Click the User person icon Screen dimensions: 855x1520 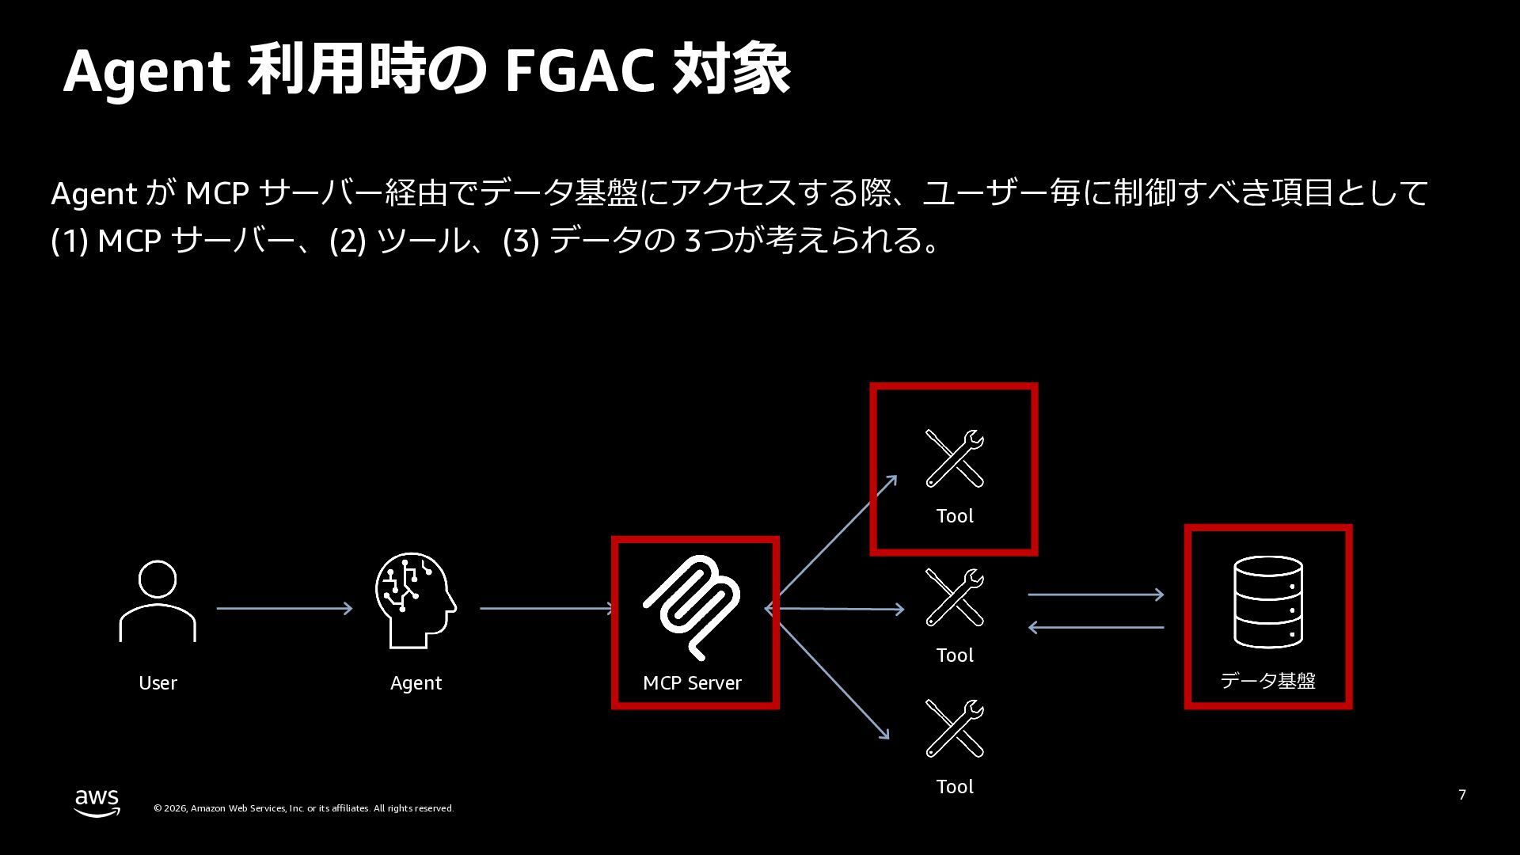pos(158,601)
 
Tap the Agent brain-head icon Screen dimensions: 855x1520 pos(415,599)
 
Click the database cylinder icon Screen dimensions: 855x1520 pos(1268,602)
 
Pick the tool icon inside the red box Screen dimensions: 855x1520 pos(954,458)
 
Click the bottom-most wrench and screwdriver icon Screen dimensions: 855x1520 pos(954,728)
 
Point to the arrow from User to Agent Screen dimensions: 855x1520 pos(284,608)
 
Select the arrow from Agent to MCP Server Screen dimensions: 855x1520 pos(547,608)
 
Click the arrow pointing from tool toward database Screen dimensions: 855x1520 pos(1096,594)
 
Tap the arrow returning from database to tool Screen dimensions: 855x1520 pos(1096,627)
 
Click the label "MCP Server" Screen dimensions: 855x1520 pos(692,682)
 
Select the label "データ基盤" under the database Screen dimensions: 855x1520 pos(1267,680)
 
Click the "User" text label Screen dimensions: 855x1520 pos(158,682)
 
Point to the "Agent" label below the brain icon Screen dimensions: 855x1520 pos(416,682)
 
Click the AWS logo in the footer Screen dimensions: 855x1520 pos(97,802)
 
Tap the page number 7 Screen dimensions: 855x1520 pos(1461,794)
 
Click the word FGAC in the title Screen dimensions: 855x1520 pos(579,70)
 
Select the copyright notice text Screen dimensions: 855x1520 pos(303,808)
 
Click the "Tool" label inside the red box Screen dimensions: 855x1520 pos(955,515)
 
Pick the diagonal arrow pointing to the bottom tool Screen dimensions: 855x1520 pos(834,682)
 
